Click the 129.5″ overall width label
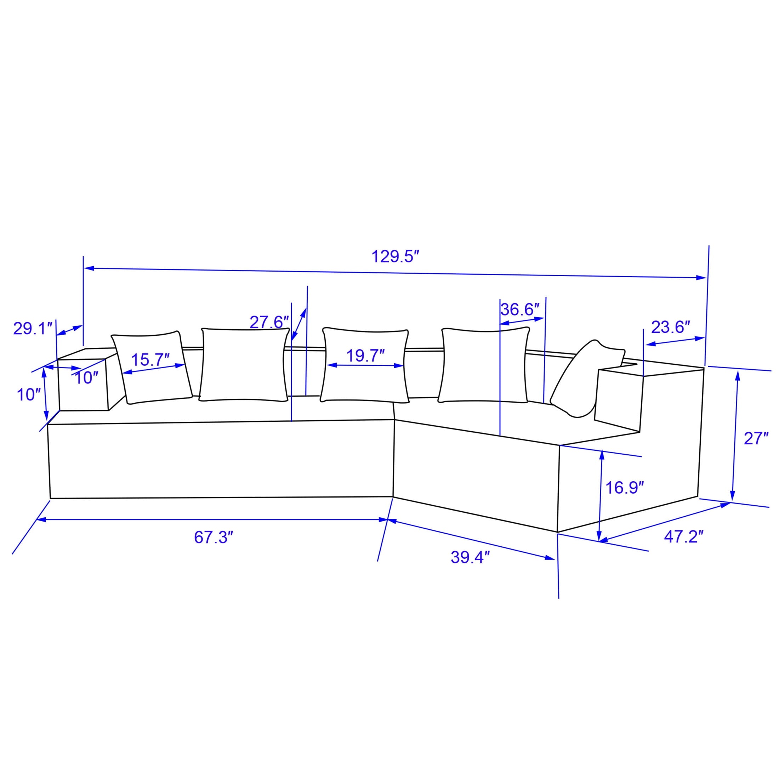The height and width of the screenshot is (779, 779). pyautogui.click(x=396, y=257)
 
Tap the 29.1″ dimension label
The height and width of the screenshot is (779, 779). pyautogui.click(x=34, y=329)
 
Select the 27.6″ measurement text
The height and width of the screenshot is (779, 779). pyautogui.click(x=269, y=322)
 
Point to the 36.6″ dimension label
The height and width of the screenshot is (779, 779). pyautogui.click(x=520, y=310)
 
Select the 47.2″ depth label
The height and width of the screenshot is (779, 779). pyautogui.click(x=684, y=538)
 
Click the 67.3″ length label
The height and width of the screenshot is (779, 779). pyautogui.click(x=214, y=538)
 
